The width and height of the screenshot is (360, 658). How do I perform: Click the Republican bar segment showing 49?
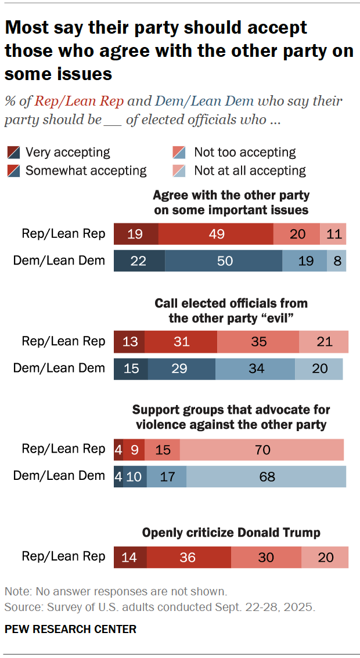[215, 234]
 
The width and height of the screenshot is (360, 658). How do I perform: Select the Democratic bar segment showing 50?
[224, 261]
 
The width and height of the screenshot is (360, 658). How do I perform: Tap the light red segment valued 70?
[261, 450]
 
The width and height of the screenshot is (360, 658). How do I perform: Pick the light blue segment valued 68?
[266, 476]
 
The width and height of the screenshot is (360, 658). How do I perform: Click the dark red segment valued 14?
[130, 557]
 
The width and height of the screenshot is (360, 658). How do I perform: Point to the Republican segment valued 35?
[258, 342]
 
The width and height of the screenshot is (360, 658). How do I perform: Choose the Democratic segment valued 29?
[181, 368]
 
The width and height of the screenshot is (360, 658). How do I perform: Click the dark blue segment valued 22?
[139, 261]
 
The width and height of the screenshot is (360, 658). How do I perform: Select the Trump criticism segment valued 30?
[266, 557]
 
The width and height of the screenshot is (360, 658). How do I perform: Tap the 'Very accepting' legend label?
[68, 153]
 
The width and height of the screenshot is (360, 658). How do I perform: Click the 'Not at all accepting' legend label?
[250, 171]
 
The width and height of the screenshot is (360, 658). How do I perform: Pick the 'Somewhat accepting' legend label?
[86, 171]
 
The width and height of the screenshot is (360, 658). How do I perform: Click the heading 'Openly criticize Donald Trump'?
[231, 532]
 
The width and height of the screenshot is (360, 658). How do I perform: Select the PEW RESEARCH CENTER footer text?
[70, 629]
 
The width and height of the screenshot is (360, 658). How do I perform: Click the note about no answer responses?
[115, 592]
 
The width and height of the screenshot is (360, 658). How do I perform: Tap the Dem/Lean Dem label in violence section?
[59, 476]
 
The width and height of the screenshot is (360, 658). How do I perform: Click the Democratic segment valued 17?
[167, 476]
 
